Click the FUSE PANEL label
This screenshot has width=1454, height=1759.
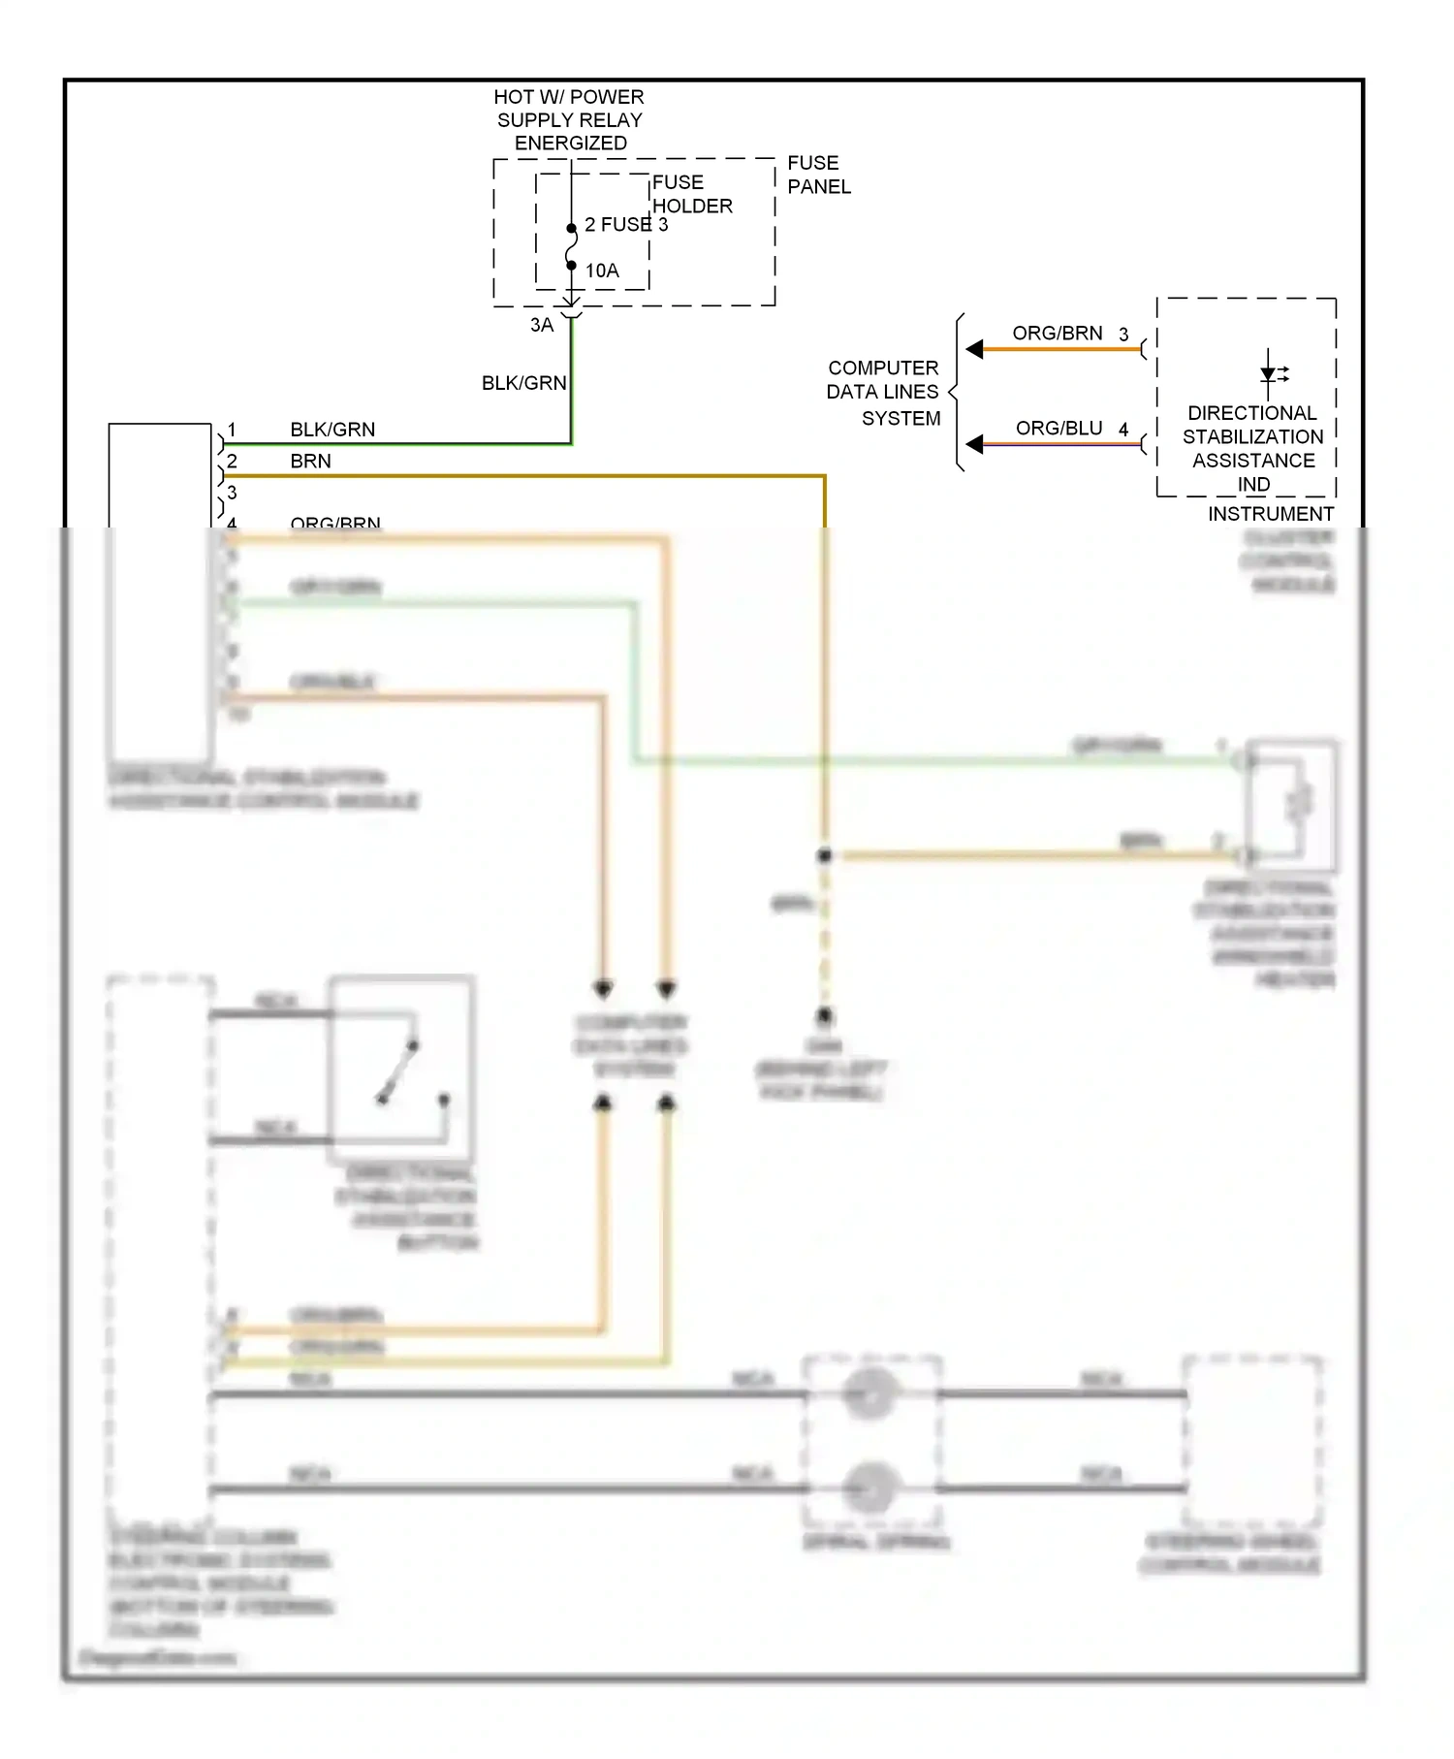click(818, 175)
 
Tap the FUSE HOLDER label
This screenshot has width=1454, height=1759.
click(691, 194)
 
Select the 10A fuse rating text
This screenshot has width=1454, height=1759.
click(602, 271)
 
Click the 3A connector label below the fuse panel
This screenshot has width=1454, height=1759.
click(541, 325)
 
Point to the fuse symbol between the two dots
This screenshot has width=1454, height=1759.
click(571, 246)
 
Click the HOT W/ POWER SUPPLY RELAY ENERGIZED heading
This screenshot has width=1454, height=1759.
click(569, 119)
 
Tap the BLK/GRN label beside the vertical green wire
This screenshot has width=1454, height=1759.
click(523, 383)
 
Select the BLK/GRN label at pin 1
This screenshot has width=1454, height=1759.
click(332, 430)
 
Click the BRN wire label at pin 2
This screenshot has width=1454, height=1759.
click(310, 462)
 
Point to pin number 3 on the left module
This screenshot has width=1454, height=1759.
click(232, 493)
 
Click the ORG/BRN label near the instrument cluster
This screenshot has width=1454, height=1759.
click(1057, 334)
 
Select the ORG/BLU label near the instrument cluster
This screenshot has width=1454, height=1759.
click(1059, 429)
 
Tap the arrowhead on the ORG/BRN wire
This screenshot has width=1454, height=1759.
click(975, 349)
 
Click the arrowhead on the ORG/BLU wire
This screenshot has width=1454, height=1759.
click(975, 444)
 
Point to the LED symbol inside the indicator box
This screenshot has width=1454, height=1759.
click(1269, 373)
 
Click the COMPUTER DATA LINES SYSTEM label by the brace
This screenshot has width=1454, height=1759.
click(883, 393)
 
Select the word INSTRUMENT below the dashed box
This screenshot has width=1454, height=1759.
click(1270, 514)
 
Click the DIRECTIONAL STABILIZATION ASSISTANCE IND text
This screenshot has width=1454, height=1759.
click(1252, 448)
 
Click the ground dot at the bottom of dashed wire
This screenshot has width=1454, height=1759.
click(824, 1015)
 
